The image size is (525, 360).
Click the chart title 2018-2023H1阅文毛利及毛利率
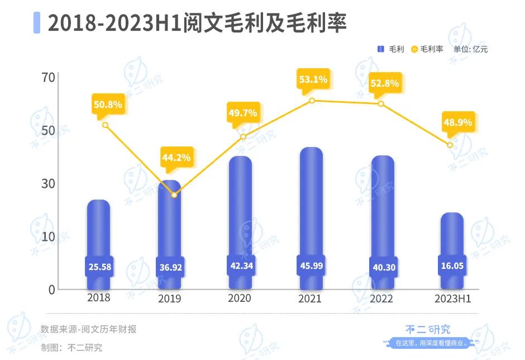coord(197,23)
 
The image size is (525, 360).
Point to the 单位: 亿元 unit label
coord(470,49)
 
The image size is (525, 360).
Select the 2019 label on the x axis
coord(170,299)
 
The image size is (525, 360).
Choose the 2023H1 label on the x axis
coord(452,299)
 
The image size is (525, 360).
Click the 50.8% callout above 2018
coord(108,104)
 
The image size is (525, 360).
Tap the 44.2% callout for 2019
coord(176,158)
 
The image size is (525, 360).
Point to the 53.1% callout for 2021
coord(313,79)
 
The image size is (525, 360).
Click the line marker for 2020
coord(243,137)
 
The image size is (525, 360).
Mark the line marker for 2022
coord(381,103)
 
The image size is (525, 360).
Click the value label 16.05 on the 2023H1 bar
coord(452,267)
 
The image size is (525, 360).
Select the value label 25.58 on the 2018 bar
coord(99,267)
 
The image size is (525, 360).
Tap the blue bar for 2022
coord(383,207)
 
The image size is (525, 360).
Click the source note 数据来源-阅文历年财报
coord(88,329)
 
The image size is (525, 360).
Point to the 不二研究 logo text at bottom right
coord(427,330)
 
